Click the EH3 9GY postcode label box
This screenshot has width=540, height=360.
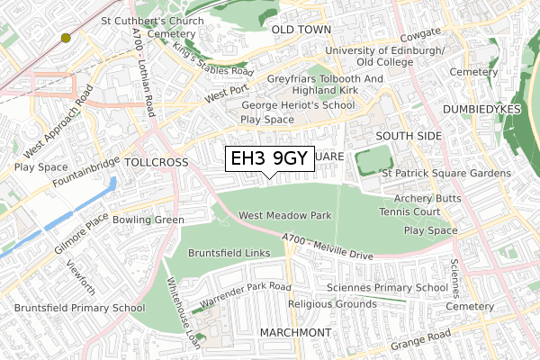pos(270,159)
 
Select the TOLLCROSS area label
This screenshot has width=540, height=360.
pos(157,163)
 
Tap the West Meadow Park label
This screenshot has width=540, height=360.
pos(285,216)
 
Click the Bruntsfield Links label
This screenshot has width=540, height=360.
pos(229,254)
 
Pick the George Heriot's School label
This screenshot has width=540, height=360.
pos(297,105)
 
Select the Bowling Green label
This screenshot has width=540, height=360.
pos(148,220)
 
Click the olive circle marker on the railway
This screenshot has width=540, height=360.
pos(66,38)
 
